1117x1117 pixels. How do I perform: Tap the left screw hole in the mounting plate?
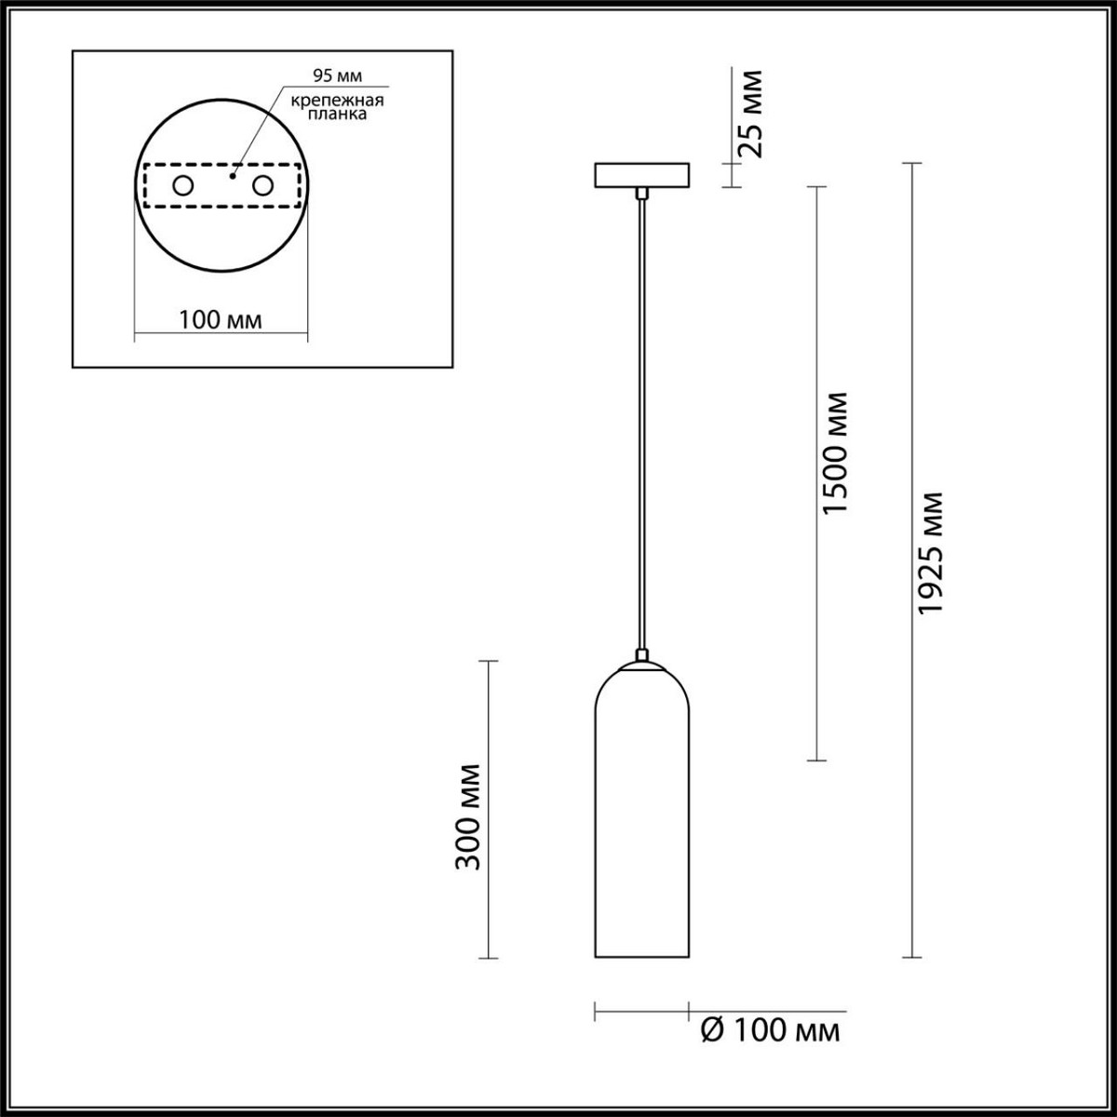(182, 186)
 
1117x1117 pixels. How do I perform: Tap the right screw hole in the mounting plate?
(263, 186)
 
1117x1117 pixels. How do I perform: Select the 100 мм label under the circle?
(221, 320)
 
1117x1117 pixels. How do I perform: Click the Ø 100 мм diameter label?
(769, 1030)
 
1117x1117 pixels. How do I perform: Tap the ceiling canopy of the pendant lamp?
(642, 175)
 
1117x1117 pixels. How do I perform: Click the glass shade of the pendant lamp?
(642, 819)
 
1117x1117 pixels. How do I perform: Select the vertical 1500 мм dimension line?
(816, 652)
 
